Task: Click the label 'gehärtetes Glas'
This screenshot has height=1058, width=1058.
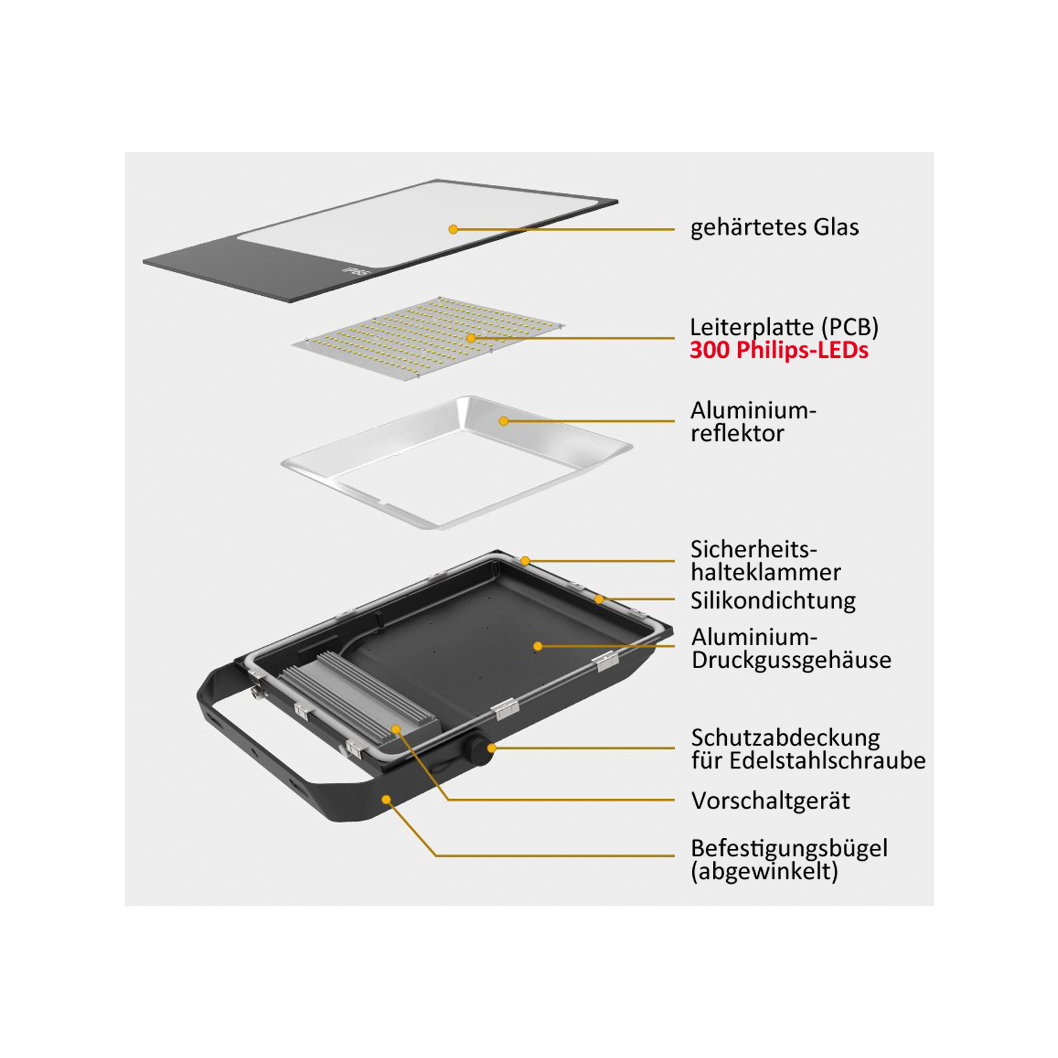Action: point(775,227)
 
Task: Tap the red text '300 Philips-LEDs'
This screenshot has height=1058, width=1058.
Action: point(779,351)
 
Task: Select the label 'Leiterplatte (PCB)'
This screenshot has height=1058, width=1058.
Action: point(784,327)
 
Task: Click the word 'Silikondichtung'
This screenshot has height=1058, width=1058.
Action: point(773,601)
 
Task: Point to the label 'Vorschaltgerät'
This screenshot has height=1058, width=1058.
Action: point(771,801)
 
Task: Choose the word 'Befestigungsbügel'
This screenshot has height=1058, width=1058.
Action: point(790,848)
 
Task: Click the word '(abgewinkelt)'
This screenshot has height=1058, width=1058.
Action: point(764,872)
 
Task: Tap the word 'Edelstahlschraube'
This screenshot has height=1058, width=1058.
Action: point(827,761)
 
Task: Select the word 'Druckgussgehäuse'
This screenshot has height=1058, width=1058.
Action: point(792,660)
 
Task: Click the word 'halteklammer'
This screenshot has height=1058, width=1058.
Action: point(766,573)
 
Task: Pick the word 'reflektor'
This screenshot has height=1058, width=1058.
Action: point(737,434)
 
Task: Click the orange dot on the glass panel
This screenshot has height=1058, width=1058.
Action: point(453,229)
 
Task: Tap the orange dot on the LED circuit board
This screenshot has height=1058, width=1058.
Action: point(471,338)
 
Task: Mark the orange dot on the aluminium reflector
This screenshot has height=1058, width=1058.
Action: point(504,421)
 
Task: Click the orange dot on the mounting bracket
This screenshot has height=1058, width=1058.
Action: point(387,799)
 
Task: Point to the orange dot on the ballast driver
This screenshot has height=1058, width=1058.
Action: point(396,729)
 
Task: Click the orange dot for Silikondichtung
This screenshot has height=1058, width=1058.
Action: point(599,599)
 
